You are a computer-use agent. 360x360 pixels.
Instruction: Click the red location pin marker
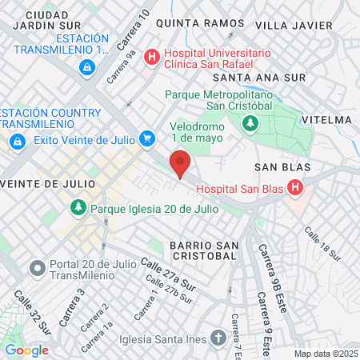click(x=180, y=163)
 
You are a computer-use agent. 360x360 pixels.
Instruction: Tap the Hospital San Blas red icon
click(x=295, y=188)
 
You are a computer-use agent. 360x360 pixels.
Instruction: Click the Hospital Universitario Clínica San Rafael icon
click(x=150, y=57)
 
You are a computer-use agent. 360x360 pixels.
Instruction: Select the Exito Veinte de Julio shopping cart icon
click(x=146, y=139)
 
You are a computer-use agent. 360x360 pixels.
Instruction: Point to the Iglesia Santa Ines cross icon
click(x=220, y=337)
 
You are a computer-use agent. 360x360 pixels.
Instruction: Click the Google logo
click(x=26, y=350)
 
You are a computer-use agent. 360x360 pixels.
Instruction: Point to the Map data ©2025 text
click(x=326, y=354)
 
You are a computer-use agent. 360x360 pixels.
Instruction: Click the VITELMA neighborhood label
click(x=328, y=120)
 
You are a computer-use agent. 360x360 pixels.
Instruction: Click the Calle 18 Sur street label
click(x=322, y=246)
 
